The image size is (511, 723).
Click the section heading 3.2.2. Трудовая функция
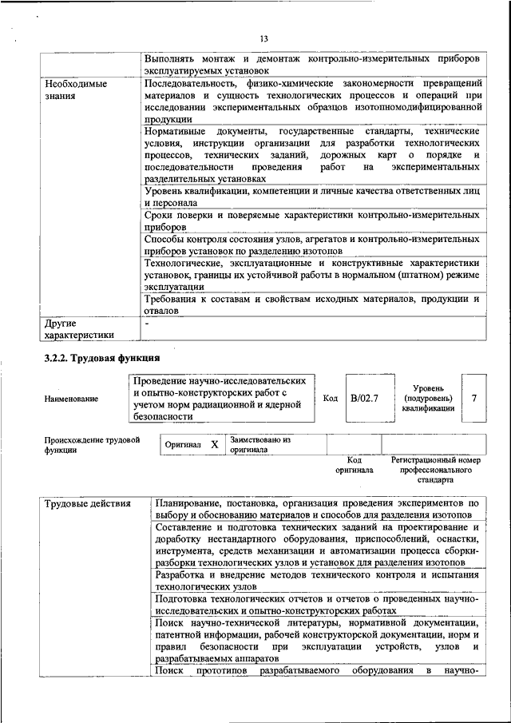pyautogui.click(x=103, y=358)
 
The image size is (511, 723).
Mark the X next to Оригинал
pyautogui.click(x=214, y=444)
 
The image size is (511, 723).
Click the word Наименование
pyautogui.click(x=72, y=398)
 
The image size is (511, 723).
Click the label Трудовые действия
pyautogui.click(x=81, y=503)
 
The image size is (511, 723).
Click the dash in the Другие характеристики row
pyautogui.click(x=148, y=324)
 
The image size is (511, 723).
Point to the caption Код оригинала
pyautogui.click(x=355, y=465)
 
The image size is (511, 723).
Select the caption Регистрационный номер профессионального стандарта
pyautogui.click(x=435, y=471)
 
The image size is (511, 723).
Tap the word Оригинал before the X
pyautogui.click(x=183, y=444)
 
